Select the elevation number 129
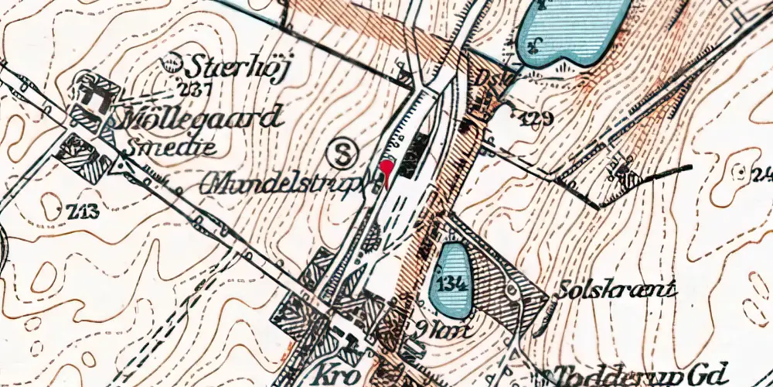point(536,118)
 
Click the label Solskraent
point(617,291)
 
